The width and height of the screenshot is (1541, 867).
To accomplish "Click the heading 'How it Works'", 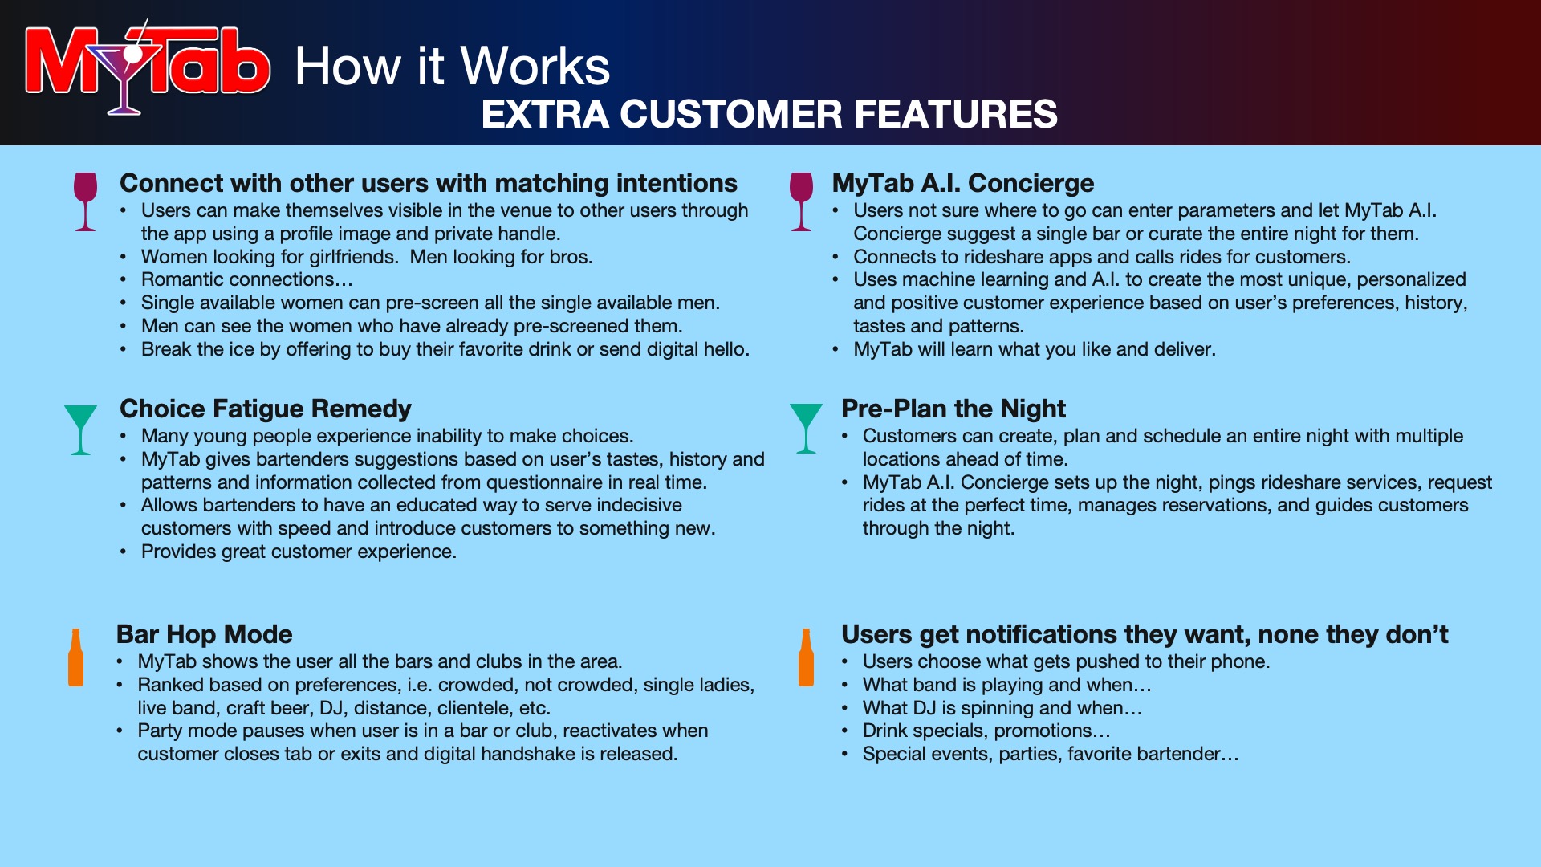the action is pos(452,66).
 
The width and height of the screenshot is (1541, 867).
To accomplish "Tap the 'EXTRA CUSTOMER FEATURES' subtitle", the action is pos(769,114).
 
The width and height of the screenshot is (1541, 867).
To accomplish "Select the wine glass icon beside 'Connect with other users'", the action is pos(85,201).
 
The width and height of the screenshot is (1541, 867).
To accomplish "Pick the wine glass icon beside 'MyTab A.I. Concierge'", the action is pos(801,201).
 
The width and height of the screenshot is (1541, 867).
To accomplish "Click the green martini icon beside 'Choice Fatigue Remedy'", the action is pos(80,429).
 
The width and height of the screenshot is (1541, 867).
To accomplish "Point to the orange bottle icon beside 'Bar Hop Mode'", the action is pos(76,657).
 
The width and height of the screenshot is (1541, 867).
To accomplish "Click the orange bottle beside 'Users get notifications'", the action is pos(807,657).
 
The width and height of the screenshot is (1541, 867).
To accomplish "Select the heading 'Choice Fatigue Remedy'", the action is pos(266,409).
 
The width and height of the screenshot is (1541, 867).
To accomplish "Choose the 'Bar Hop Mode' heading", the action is pos(205,634).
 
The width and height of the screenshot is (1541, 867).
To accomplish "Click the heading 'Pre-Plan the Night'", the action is pos(953,409).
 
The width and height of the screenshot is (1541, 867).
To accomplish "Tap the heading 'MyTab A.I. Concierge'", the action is pos(963,183).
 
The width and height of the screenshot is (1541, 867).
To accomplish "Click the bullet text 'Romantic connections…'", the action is pos(247,279).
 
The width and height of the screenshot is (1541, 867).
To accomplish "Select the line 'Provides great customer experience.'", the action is pos(299,552).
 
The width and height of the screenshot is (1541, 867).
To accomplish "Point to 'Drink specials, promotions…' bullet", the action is pos(986,731).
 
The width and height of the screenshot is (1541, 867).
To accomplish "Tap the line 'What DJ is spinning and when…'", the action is pos(1002,708).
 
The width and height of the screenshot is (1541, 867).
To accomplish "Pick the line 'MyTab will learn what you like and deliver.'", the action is pos(1035,349).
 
